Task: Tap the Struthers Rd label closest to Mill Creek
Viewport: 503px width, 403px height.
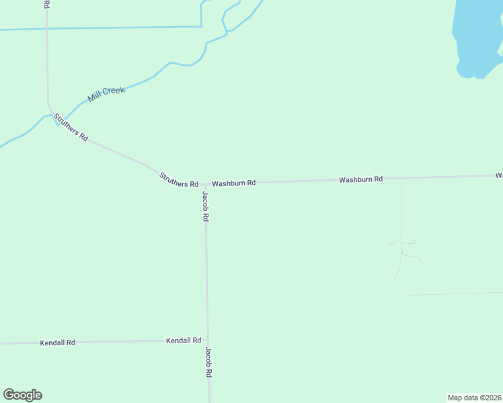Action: coord(71,127)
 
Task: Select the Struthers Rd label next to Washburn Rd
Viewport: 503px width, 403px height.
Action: coord(179,180)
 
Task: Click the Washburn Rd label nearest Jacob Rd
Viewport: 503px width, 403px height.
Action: coord(234,183)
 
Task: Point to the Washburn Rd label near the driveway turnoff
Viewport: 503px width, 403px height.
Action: coord(360,179)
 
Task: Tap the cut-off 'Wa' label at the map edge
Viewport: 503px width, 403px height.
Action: coord(499,175)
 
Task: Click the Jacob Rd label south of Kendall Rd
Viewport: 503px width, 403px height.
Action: coord(209,362)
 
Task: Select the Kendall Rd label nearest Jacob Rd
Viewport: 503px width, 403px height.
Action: coord(184,341)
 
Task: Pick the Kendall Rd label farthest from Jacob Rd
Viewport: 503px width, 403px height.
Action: coord(57,343)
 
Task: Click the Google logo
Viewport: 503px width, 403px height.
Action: coord(22,395)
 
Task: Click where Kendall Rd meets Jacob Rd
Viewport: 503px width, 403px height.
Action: coord(208,341)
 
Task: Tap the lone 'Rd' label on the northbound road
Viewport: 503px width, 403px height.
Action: coord(46,4)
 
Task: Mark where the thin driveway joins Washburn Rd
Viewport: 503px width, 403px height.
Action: coord(401,178)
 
